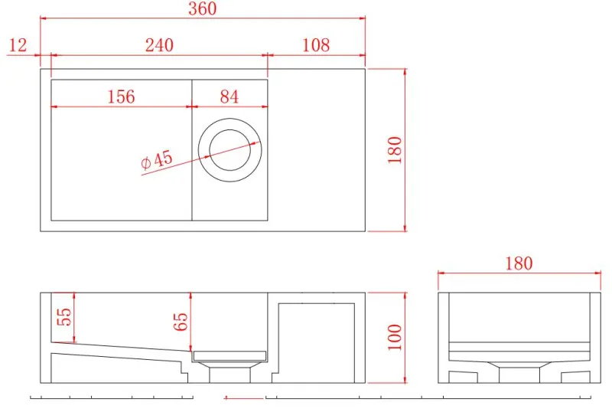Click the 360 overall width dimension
pos(202,9)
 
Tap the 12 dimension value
pos(18,45)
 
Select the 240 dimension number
pos(159,45)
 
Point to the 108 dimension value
pos(315,45)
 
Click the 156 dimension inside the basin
pos(121,96)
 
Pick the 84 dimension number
pos(229,96)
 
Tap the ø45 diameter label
pos(157,160)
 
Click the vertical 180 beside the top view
pos(395,151)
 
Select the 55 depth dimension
pos(64,316)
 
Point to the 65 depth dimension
pos(181,320)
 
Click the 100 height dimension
pos(395,337)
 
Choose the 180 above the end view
pos(518,263)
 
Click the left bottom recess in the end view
pos(463,377)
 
